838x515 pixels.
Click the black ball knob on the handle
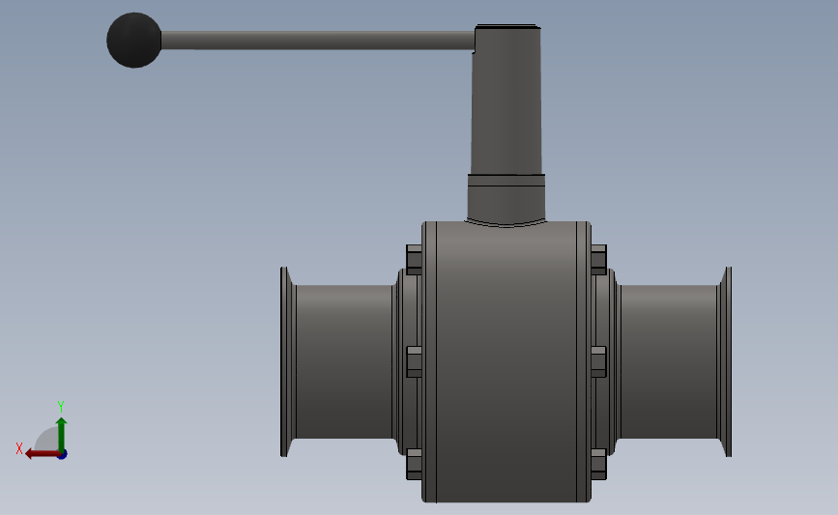coord(134,40)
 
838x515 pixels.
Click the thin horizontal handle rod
coord(318,41)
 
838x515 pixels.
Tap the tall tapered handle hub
coord(506,100)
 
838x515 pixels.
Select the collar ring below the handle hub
coord(506,180)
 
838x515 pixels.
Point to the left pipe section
coord(344,361)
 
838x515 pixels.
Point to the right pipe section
coord(669,361)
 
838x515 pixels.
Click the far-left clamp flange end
coord(287,361)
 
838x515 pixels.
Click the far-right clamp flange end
coord(725,361)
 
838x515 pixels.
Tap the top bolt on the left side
coord(415,260)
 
